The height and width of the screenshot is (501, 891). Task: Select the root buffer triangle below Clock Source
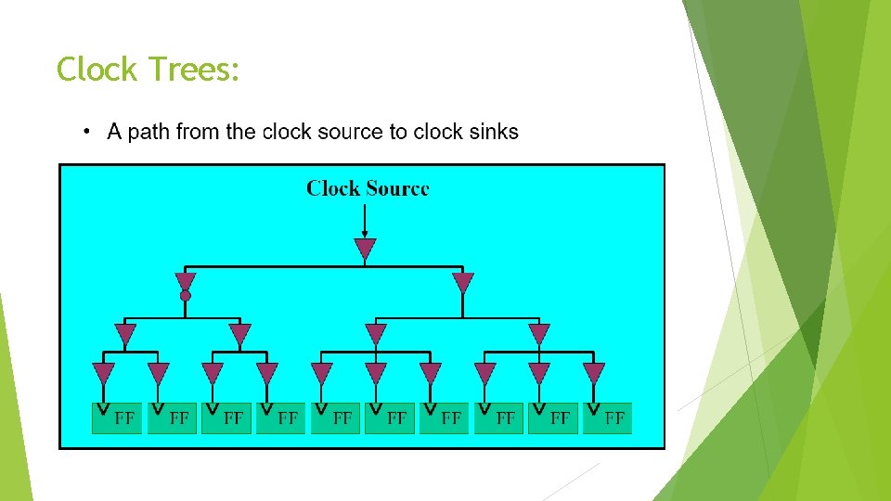coord(365,249)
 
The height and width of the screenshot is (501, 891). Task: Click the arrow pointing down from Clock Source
coord(365,221)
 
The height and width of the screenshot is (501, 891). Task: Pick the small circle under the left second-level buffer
coord(186,296)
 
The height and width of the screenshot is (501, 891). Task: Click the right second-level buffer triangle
coord(463,282)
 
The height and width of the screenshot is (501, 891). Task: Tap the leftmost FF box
coord(118,418)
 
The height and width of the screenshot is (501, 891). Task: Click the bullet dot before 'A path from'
coord(86,132)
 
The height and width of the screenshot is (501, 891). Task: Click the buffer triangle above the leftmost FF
coord(104,373)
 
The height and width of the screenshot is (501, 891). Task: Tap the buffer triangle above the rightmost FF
coord(593,373)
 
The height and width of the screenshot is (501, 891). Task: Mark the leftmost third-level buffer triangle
coord(125,334)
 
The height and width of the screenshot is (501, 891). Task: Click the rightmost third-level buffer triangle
coord(539,334)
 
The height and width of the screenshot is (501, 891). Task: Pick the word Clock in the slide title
coord(95,70)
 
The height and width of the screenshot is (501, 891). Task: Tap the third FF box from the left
coord(226,418)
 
